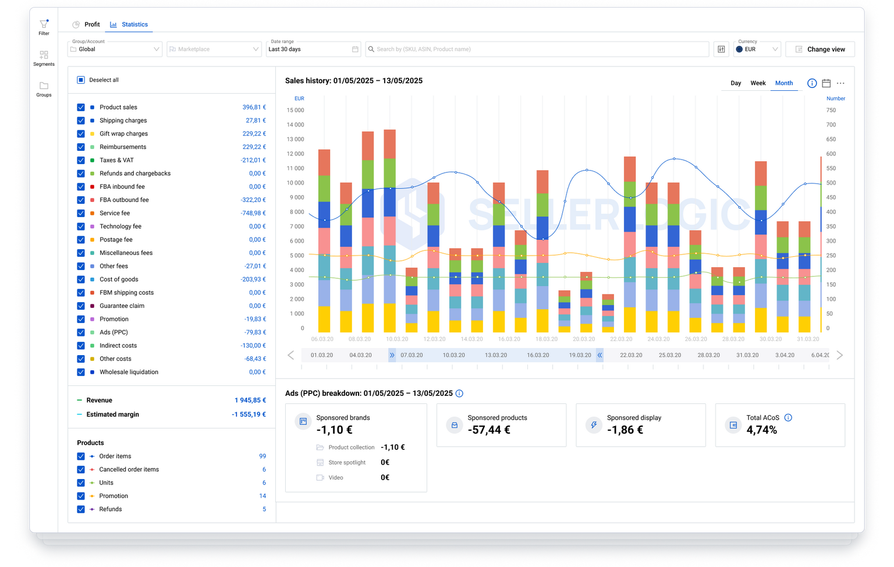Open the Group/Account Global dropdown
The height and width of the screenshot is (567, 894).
pyautogui.click(x=115, y=49)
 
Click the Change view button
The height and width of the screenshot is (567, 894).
pyautogui.click(x=819, y=49)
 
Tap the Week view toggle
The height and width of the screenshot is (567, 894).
pyautogui.click(x=758, y=83)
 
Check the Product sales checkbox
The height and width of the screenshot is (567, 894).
pyautogui.click(x=81, y=107)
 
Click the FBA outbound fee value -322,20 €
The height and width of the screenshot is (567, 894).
pyautogui.click(x=253, y=200)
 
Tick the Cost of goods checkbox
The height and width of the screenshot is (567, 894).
pyautogui.click(x=81, y=279)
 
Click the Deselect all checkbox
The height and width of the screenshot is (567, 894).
pyautogui.click(x=81, y=80)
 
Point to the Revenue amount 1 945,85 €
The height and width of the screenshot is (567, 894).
pyautogui.click(x=250, y=401)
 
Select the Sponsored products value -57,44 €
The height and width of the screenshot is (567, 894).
pyautogui.click(x=489, y=430)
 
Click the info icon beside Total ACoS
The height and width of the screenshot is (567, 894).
pyautogui.click(x=788, y=418)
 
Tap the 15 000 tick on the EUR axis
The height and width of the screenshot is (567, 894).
pyautogui.click(x=295, y=110)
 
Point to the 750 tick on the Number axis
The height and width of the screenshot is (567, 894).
pyautogui.click(x=831, y=110)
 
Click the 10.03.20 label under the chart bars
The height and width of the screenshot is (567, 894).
pyautogui.click(x=397, y=339)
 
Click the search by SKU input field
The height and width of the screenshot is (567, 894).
pyautogui.click(x=535, y=49)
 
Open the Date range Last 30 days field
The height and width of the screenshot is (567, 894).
pyautogui.click(x=313, y=49)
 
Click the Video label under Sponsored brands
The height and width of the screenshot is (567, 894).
pyautogui.click(x=336, y=478)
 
